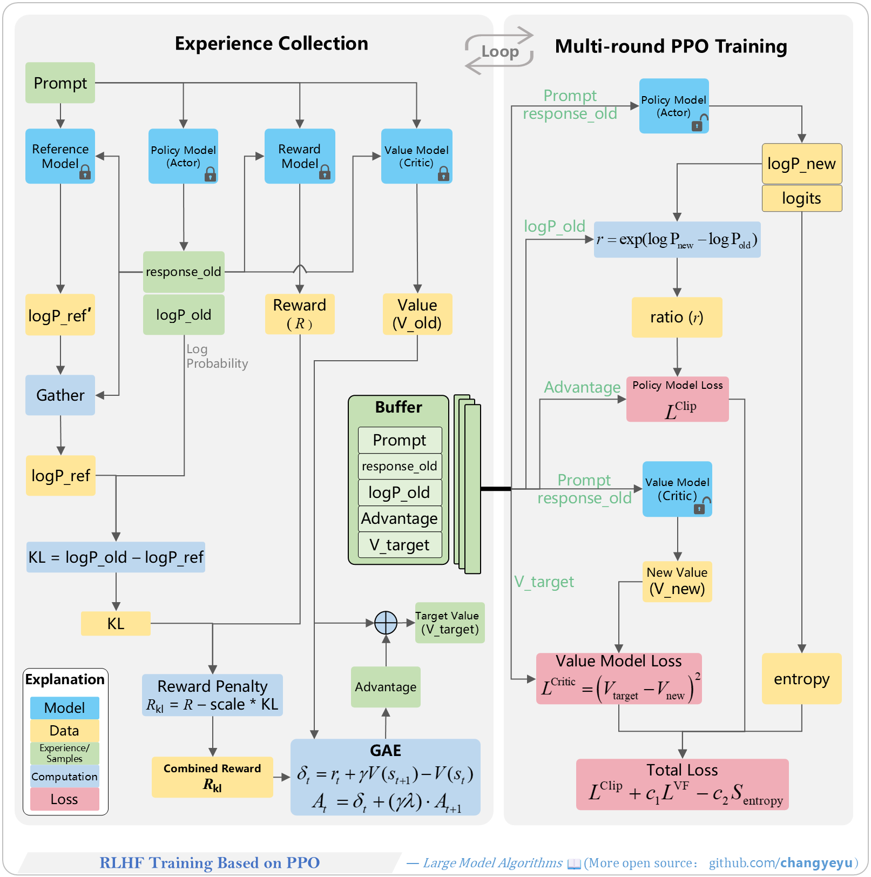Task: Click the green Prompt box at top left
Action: (60, 83)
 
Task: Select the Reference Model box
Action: (60, 156)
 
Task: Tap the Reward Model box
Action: (300, 156)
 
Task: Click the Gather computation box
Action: (60, 395)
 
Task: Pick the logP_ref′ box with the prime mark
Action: (60, 315)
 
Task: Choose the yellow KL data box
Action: (116, 623)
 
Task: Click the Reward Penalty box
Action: (212, 695)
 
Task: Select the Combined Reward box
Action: (212, 777)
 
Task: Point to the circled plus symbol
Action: (386, 623)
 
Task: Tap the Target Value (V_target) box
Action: (450, 623)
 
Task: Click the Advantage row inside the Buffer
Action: (400, 518)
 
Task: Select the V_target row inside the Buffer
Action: (400, 545)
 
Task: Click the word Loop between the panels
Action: (500, 51)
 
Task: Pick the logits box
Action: (802, 198)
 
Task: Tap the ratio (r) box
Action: (677, 317)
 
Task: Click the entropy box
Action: (802, 679)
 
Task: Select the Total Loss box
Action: (683, 784)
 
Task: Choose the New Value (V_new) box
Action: (677, 582)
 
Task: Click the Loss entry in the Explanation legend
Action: (65, 799)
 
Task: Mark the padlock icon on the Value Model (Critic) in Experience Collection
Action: (443, 173)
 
